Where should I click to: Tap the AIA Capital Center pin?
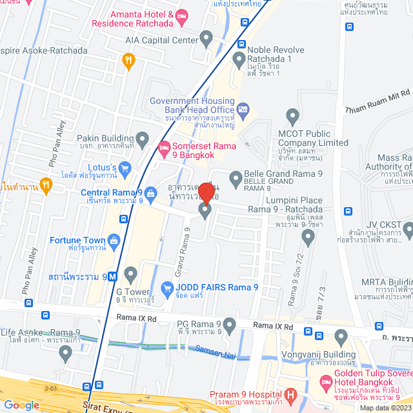[206, 39]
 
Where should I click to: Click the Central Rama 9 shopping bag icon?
[150, 192]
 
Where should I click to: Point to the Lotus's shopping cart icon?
[125, 168]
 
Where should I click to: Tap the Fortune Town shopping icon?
[114, 241]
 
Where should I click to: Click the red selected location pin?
[206, 192]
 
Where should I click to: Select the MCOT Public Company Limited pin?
[293, 117]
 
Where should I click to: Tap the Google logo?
[21, 405]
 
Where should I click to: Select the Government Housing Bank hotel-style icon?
[243, 109]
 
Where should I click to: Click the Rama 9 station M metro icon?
[112, 276]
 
